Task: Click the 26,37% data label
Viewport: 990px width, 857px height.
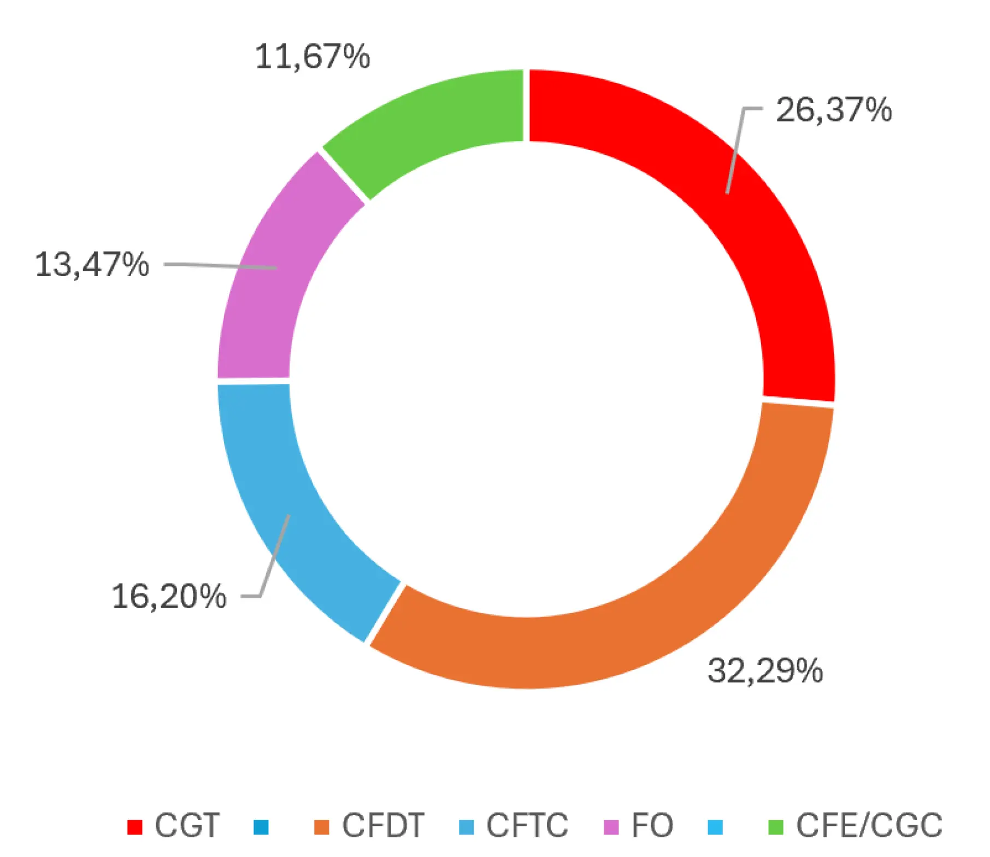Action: click(834, 110)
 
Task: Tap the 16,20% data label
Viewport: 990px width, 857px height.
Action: click(169, 596)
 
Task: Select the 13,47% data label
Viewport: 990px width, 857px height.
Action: click(92, 265)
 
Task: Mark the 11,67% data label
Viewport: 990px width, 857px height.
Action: click(313, 57)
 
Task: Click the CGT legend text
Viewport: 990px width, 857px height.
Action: click(187, 825)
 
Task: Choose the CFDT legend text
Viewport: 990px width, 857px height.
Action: click(383, 825)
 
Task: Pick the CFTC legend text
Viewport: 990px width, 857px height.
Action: click(527, 825)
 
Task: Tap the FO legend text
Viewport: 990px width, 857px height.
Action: click(652, 825)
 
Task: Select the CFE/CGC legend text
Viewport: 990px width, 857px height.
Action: click(869, 825)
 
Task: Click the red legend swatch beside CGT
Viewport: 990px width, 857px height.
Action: click(134, 827)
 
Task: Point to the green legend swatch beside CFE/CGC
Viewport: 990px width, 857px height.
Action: click(776, 827)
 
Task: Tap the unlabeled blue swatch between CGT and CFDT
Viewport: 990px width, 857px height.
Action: click(261, 827)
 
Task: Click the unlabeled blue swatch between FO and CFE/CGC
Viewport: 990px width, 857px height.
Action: click(715, 827)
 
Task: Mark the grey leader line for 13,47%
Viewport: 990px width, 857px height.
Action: click(219, 266)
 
